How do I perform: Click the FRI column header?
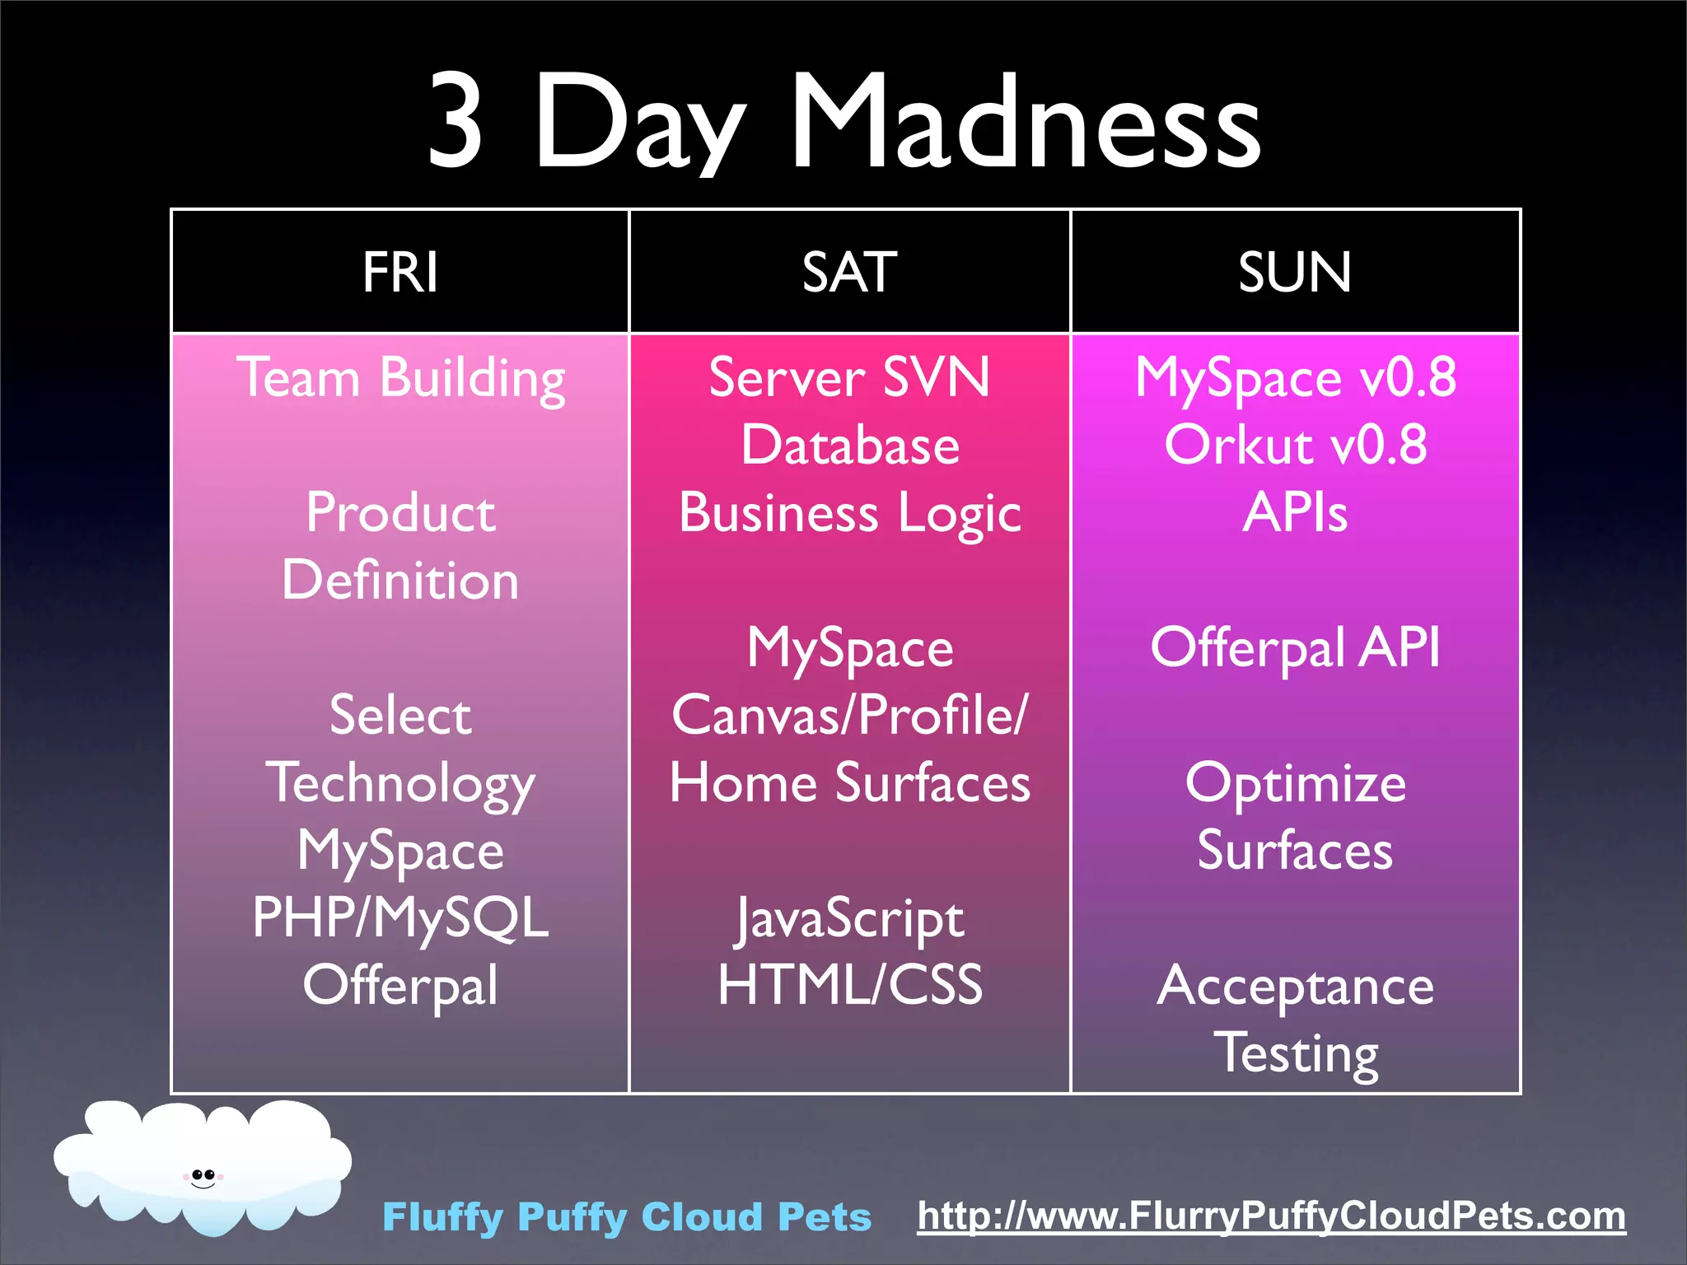click(x=400, y=272)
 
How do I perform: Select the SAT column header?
click(x=849, y=272)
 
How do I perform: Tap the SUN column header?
click(x=1295, y=272)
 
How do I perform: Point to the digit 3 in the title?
click(x=456, y=122)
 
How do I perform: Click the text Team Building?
click(x=400, y=378)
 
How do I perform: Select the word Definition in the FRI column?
click(x=400, y=580)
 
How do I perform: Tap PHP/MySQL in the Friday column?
click(x=400, y=917)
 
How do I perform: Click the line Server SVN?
click(x=849, y=378)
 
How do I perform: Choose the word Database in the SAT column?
click(x=849, y=446)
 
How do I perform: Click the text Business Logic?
click(x=849, y=513)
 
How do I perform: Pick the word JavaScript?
click(x=849, y=918)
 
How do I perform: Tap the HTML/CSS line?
click(x=849, y=984)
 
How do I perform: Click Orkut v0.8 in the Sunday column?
click(x=1295, y=446)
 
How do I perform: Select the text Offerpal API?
click(x=1295, y=647)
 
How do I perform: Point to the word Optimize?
click(x=1295, y=783)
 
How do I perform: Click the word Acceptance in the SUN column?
click(x=1295, y=986)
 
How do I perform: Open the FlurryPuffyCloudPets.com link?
click(x=1271, y=1216)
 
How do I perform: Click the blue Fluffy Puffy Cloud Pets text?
click(x=626, y=1217)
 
